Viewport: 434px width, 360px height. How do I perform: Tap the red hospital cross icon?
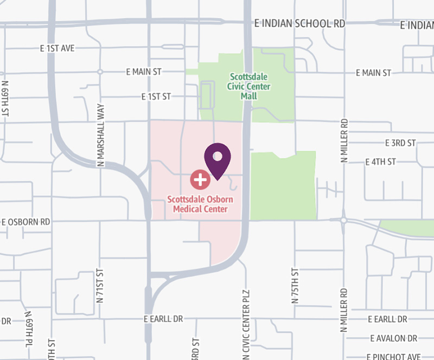pos(200,178)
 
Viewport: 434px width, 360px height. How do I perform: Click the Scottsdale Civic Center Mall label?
pos(250,86)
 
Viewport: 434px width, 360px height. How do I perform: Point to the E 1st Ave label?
pos(57,48)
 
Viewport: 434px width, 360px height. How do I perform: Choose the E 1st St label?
pos(156,97)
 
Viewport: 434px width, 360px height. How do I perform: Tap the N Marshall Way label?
pos(100,136)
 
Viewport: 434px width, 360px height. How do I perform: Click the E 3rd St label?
pos(400,143)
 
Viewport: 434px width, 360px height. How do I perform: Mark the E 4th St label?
pos(381,162)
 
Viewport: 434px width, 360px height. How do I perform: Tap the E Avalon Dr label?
pos(394,338)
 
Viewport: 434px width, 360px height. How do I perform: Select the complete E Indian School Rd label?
pos(299,24)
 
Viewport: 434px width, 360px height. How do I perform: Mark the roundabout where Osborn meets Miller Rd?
pos(344,220)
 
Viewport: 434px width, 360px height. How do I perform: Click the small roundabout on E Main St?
pos(100,72)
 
